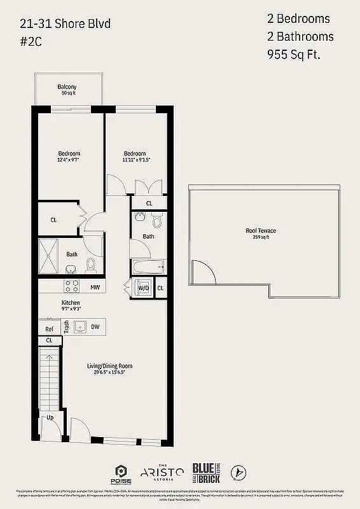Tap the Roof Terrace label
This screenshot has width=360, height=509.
[261, 230]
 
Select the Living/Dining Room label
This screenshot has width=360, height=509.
[110, 366]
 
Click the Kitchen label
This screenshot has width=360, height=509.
[71, 302]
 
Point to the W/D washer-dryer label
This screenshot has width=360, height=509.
[144, 288]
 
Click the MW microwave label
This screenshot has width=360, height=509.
[94, 288]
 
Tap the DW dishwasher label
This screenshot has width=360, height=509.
[95, 327]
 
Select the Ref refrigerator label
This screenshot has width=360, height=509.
[49, 329]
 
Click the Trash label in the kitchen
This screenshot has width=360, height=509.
[67, 327]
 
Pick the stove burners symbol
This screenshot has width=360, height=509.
[71, 286]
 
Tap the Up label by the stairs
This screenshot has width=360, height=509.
[50, 418]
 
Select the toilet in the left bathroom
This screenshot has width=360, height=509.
[90, 264]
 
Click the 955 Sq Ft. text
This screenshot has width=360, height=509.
[293, 54]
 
